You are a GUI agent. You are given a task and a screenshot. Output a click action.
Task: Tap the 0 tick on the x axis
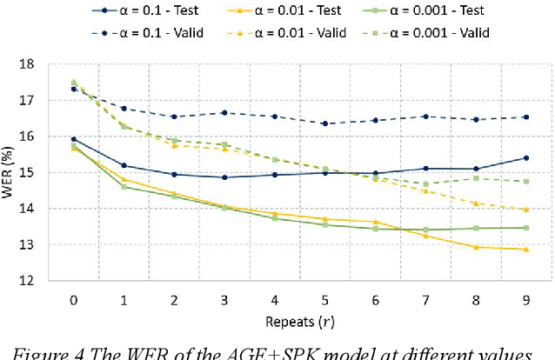point(74,297)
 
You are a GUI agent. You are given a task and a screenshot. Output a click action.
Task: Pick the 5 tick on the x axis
point(324,297)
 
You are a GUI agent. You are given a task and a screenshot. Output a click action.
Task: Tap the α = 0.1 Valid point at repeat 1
point(124,109)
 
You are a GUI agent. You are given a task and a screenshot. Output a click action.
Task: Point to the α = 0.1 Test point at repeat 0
point(74,139)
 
